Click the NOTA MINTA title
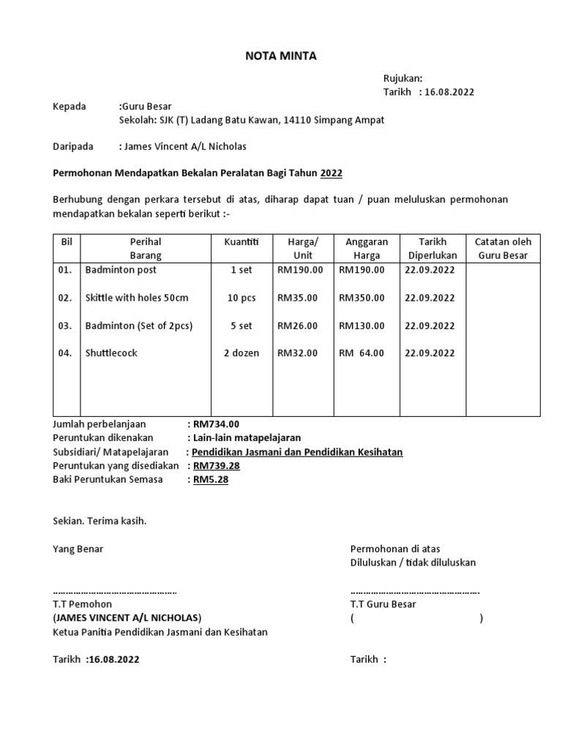(x=280, y=56)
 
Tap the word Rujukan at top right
(x=402, y=78)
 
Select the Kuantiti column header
(x=236, y=241)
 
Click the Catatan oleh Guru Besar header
(x=503, y=249)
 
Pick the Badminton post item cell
(x=121, y=270)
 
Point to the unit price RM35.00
(x=297, y=298)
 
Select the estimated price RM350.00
(x=361, y=298)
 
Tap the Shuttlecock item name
(x=111, y=353)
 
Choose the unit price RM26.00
(x=297, y=325)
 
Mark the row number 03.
(x=65, y=325)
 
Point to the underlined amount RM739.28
(x=217, y=466)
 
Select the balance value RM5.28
(x=211, y=480)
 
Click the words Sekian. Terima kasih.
(x=100, y=521)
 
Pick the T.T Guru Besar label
(x=383, y=604)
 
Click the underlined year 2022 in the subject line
(x=331, y=174)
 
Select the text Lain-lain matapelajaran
(x=241, y=438)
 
